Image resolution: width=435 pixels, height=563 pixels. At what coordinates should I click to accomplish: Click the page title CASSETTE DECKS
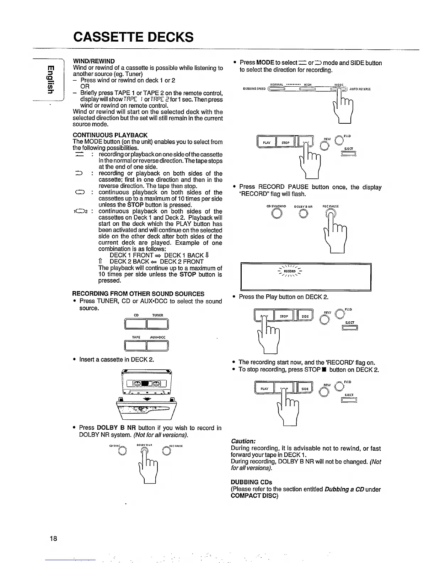[x=133, y=37]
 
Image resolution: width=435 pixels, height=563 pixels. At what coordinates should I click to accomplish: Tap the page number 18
[x=53, y=538]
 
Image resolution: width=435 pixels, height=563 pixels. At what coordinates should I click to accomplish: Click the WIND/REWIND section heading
[x=94, y=61]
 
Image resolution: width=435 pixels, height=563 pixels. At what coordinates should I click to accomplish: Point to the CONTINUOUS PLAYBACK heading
[x=110, y=135]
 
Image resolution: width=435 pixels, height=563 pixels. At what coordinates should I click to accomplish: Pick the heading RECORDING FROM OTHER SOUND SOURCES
[x=138, y=294]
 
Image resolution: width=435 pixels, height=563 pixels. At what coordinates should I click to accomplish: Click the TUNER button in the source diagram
[x=157, y=324]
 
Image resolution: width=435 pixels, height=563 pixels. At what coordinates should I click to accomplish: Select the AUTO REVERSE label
[x=360, y=89]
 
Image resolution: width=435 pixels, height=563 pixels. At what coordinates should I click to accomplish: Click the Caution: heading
[x=243, y=441]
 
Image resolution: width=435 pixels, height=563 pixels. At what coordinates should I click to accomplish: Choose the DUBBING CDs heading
[x=251, y=482]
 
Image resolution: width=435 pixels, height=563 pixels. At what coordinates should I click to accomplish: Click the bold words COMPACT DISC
[x=254, y=495]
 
